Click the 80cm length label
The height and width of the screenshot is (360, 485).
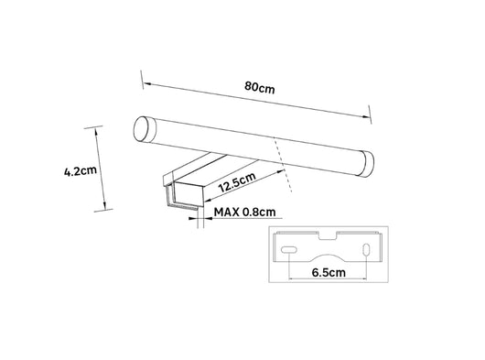pos(260,87)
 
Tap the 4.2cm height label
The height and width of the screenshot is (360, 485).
pos(81,170)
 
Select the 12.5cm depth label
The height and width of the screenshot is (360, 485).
pos(237,182)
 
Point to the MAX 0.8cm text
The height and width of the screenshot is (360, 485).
pos(244,213)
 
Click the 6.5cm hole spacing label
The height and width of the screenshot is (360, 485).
pos(329,273)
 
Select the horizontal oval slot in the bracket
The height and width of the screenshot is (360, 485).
pos(289,250)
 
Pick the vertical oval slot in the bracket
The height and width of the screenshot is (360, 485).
pos(366,249)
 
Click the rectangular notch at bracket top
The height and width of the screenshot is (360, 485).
pos(328,235)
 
